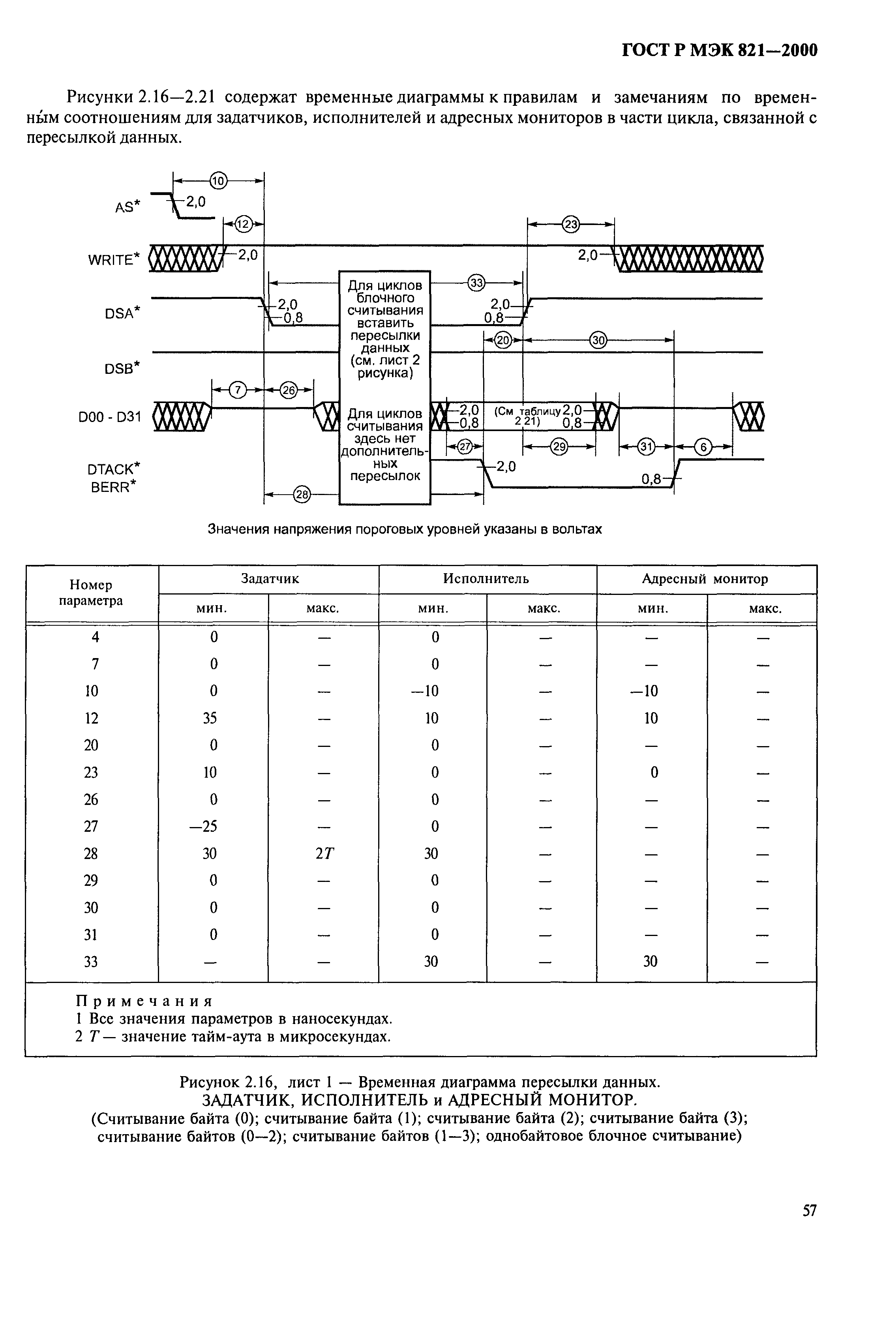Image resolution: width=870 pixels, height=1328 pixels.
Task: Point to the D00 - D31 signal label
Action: (x=110, y=417)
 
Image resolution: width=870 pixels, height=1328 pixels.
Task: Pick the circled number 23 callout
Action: (x=571, y=224)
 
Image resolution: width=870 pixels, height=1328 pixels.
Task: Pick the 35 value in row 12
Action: (x=210, y=718)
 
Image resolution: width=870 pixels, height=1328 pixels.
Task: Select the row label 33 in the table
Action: (x=91, y=961)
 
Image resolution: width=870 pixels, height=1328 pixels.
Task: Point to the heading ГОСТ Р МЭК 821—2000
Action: (x=719, y=50)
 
